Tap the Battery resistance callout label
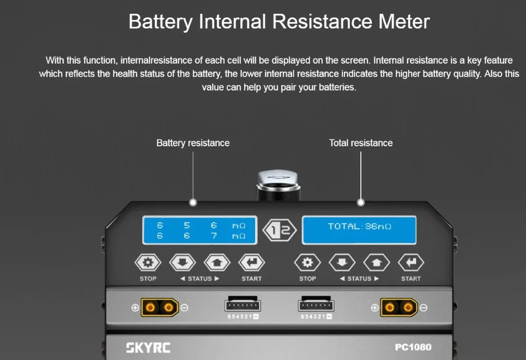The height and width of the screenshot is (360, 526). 193,143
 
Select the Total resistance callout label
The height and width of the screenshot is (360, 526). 361,143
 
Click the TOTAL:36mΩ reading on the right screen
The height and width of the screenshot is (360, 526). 360,227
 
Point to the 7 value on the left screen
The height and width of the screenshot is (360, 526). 214,236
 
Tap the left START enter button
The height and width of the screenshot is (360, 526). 251,263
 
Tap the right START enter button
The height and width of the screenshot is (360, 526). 411,263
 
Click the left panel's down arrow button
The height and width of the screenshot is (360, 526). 182,263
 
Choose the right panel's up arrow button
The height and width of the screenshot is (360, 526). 377,263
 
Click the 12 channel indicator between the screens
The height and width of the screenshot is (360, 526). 279,231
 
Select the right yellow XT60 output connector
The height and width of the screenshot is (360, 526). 399,307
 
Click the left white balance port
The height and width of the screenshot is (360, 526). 243,305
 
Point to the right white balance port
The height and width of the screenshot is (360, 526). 317,305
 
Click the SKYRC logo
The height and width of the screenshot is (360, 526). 148,347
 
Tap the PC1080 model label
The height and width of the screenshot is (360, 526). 413,347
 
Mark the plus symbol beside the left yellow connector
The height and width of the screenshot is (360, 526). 135,307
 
